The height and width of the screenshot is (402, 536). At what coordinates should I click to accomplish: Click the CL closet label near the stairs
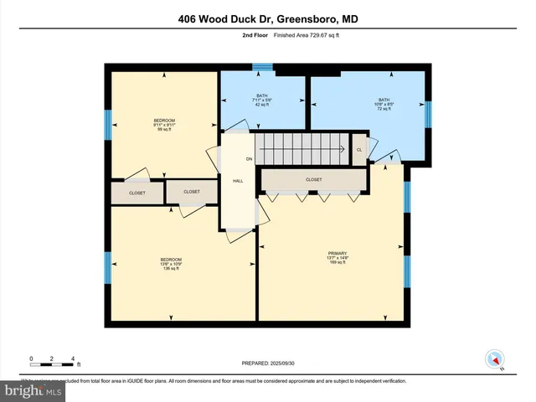click(x=359, y=150)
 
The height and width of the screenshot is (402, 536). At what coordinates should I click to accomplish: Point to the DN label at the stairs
click(x=249, y=158)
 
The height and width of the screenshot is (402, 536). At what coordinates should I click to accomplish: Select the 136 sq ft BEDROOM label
click(x=171, y=264)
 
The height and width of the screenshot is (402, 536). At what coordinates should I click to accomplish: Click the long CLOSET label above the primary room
click(x=313, y=179)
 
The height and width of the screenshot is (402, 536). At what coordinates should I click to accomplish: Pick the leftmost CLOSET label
click(x=137, y=193)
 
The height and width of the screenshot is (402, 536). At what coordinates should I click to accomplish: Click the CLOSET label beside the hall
click(x=192, y=192)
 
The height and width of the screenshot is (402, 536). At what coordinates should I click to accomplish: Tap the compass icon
click(x=494, y=359)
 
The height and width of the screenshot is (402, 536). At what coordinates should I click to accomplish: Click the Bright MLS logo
click(x=32, y=390)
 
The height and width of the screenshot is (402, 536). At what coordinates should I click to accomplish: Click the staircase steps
click(x=301, y=150)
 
